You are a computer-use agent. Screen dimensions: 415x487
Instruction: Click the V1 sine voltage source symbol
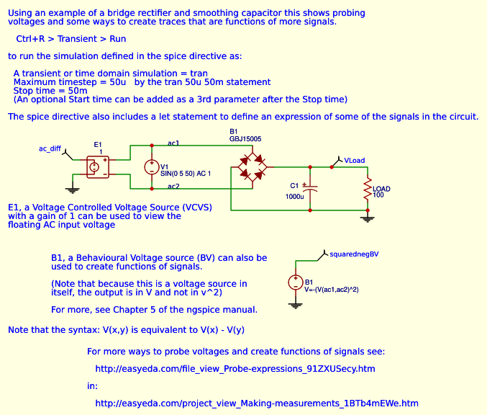[152, 167]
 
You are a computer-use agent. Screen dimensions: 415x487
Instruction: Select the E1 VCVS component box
[96, 166]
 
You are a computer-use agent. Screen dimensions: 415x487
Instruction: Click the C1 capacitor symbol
[310, 187]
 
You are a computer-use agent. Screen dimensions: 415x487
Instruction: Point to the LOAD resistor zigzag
[368, 190]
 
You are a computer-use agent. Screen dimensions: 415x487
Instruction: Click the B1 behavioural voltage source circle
[294, 282]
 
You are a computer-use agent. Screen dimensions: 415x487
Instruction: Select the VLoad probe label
[355, 160]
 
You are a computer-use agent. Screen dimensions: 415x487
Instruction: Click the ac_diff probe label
[50, 148]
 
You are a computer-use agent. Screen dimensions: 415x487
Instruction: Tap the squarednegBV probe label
[353, 254]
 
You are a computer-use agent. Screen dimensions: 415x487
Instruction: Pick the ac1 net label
[173, 143]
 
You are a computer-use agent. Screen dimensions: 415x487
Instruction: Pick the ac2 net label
[173, 187]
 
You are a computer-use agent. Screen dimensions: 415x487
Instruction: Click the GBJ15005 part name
[245, 138]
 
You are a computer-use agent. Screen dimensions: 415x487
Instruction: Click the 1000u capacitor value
[294, 196]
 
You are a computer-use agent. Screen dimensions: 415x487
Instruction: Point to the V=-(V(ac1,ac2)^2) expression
[332, 289]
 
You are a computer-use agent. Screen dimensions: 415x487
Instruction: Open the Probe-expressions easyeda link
[235, 369]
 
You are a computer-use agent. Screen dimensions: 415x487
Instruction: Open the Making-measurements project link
[257, 403]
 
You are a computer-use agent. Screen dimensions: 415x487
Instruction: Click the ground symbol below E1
[72, 190]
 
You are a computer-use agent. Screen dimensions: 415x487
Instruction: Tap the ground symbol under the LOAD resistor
[368, 218]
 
